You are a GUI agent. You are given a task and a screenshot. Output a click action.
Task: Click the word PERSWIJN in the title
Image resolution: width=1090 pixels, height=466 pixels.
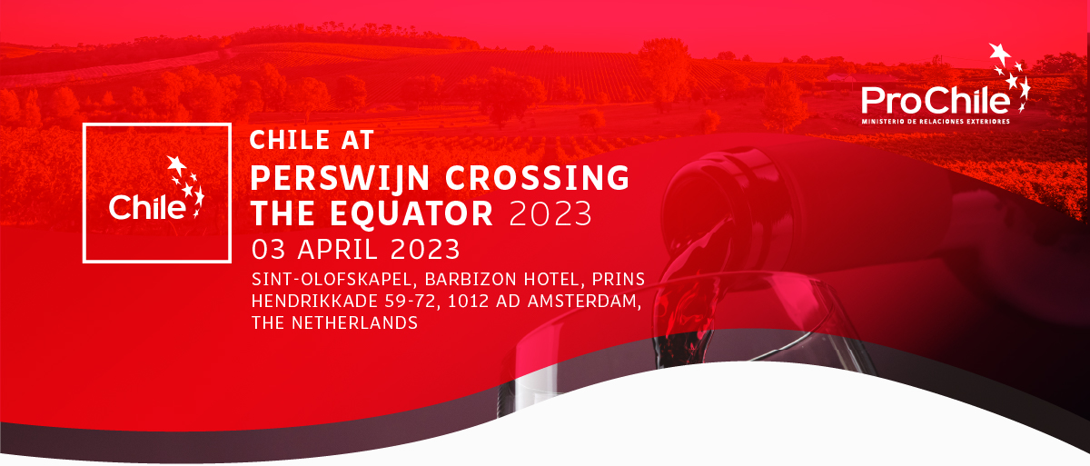click(x=340, y=177)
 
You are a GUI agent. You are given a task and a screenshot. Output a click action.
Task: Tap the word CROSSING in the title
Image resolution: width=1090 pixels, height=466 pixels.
click(x=538, y=177)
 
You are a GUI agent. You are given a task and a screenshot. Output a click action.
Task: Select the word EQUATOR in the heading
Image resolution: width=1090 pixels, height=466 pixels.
click(x=411, y=213)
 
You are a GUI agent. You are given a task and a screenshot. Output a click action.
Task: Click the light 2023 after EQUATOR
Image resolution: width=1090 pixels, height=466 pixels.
click(x=550, y=213)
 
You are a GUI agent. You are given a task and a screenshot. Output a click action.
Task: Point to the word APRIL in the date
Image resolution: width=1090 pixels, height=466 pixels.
click(x=337, y=250)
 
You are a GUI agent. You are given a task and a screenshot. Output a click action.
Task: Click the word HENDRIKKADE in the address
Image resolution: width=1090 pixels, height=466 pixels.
click(x=315, y=301)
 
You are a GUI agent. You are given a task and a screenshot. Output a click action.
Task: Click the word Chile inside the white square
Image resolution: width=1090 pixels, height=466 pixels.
click(x=147, y=207)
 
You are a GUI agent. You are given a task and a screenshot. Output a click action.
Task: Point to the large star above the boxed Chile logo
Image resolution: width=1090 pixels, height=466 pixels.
click(x=176, y=165)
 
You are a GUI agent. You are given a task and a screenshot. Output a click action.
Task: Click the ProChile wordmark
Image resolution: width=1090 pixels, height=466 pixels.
click(x=936, y=101)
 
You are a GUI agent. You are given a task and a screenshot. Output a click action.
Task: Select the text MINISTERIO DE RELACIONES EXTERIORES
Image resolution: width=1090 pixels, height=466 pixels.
click(x=936, y=122)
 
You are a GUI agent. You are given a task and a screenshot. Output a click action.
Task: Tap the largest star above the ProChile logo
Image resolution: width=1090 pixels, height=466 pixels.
click(x=999, y=54)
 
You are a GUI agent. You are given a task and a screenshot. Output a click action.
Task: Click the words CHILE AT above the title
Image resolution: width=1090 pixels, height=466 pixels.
click(x=312, y=140)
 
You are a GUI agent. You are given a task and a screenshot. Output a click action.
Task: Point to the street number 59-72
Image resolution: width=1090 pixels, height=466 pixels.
click(x=412, y=301)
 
